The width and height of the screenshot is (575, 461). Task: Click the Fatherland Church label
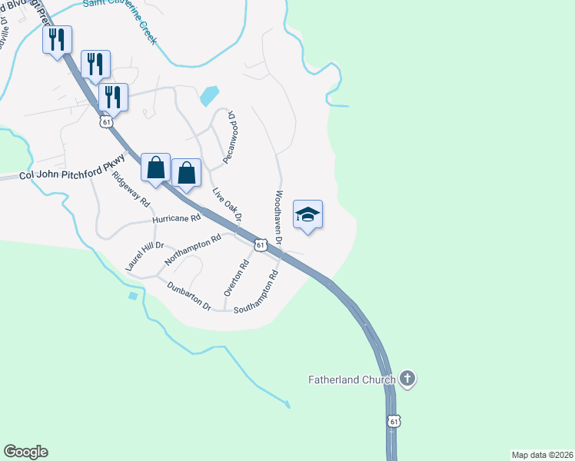352,380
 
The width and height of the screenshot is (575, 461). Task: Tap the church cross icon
407,379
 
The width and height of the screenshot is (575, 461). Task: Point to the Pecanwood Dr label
228,137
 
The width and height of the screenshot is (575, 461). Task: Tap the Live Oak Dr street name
228,206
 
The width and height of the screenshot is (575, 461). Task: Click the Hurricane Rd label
176,219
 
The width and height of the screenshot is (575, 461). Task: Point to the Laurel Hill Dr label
139,256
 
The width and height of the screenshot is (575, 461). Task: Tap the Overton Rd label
235,278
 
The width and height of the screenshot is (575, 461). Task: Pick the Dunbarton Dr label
188,295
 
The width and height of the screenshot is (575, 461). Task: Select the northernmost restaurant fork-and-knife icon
57,39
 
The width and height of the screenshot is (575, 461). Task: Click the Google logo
25,452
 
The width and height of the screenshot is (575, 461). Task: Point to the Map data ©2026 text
541,454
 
